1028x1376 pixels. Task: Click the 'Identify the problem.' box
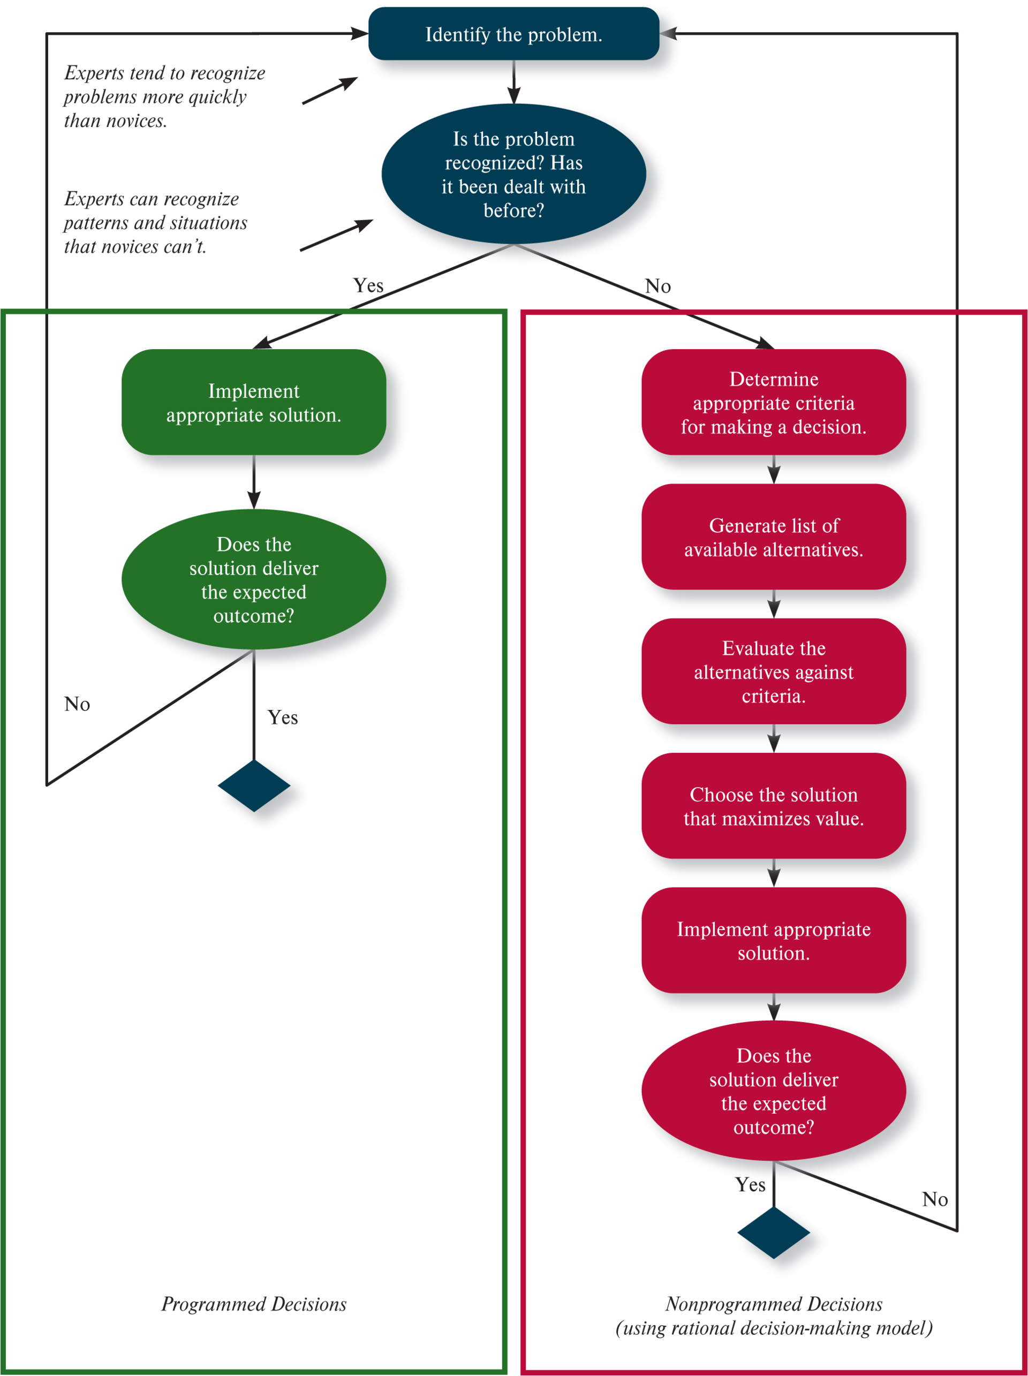tap(513, 34)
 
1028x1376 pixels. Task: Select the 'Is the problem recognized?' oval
tap(513, 174)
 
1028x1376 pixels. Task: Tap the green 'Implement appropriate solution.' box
tap(254, 403)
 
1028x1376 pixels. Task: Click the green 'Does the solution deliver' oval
tap(254, 579)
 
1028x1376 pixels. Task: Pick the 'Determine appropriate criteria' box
tap(774, 403)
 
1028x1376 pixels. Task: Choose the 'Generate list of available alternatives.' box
tap(774, 537)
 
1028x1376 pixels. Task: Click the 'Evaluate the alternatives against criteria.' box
tap(774, 671)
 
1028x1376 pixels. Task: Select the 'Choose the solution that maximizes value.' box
tap(774, 806)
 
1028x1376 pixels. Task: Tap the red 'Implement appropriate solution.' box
tap(774, 941)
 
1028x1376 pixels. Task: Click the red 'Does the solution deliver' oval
tap(774, 1091)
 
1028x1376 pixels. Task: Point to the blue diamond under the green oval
tap(254, 785)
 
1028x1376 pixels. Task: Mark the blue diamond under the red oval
tap(774, 1233)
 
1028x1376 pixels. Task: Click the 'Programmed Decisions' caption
tap(254, 1304)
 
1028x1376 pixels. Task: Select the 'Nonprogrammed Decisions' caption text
tap(774, 1304)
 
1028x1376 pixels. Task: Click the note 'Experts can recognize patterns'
tap(155, 223)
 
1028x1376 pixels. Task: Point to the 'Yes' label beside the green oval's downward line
tap(283, 717)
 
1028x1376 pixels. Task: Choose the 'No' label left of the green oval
tap(77, 704)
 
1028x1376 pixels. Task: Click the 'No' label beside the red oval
tap(935, 1199)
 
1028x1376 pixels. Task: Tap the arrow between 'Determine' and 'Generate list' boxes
tap(774, 470)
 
